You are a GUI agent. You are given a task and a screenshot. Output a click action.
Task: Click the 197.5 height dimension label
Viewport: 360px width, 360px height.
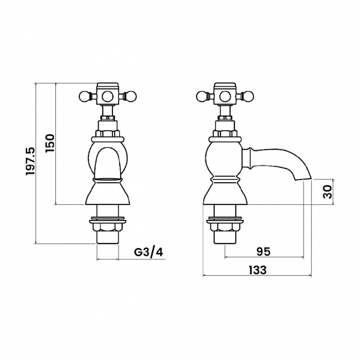30,161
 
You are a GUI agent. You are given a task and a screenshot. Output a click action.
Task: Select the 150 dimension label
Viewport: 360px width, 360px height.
50,143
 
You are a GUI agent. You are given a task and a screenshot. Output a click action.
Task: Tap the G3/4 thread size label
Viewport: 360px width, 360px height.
148,253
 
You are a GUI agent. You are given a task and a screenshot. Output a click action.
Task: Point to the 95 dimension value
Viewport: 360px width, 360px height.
263,252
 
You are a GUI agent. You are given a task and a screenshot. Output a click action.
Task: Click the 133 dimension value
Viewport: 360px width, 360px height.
258,270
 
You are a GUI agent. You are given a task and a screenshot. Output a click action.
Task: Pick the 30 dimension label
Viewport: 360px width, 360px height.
328,192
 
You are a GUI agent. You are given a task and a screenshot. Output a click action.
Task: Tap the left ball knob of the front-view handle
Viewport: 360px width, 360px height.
85,96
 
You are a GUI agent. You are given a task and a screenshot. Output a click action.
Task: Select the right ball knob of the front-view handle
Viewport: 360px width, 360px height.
131,96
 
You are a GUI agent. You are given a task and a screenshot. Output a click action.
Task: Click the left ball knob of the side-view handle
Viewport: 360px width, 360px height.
202,96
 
